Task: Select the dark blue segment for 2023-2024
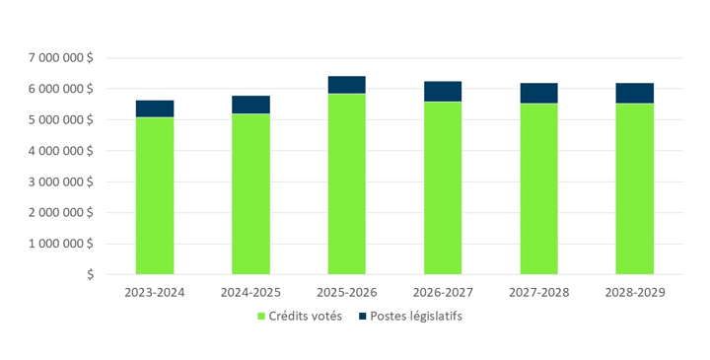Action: click(x=155, y=108)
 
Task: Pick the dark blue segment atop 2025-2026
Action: click(x=347, y=85)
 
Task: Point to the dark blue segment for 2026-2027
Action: click(x=443, y=92)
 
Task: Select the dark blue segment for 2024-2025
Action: click(x=250, y=105)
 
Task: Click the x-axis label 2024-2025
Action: click(x=250, y=293)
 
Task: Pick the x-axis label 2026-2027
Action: click(x=443, y=293)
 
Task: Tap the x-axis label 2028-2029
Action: click(x=635, y=293)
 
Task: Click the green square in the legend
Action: click(x=261, y=317)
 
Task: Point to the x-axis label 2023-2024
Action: click(x=155, y=293)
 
